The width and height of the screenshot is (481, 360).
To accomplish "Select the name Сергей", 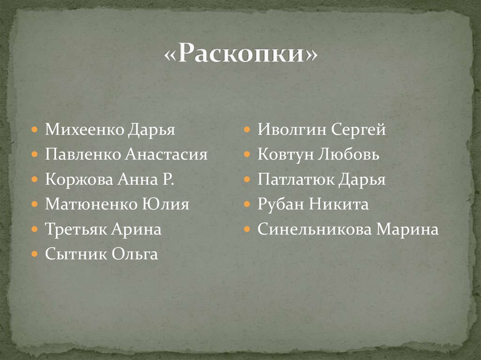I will pos(358,130).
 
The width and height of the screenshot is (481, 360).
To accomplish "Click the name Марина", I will pos(408,230).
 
